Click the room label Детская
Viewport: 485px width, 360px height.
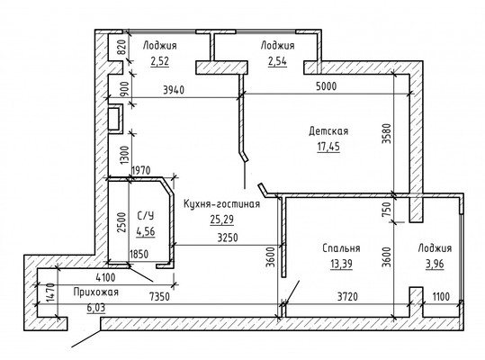pos(328,131)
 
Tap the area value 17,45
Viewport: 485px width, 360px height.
pos(328,147)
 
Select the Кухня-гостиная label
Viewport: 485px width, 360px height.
pos(221,204)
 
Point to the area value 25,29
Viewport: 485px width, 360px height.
pos(221,220)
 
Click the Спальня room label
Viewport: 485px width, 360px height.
pos(341,248)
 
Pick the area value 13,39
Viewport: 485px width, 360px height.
pos(341,264)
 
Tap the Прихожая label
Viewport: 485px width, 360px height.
pos(96,292)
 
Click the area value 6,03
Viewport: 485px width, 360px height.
pos(96,308)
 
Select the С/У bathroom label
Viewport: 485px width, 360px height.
pos(146,216)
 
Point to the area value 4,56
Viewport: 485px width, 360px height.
pos(146,231)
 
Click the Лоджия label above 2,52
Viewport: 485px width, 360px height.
pos(159,46)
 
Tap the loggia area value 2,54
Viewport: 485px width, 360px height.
pos(277,61)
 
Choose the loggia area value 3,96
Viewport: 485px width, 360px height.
pos(435,264)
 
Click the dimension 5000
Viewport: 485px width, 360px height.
pos(327,86)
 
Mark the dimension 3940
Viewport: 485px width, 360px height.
pos(174,90)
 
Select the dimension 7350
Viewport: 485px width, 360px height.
pos(159,297)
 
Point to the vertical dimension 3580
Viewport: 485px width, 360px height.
pos(387,133)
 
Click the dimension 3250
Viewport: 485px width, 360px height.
pos(228,238)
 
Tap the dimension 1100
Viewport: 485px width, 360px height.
pos(441,297)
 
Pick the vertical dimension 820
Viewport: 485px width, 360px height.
pos(122,48)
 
